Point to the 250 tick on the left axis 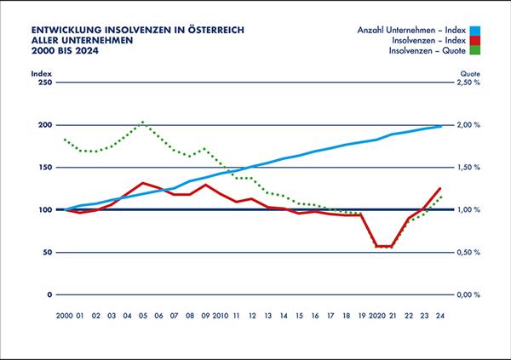(x=43, y=83)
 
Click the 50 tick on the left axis (x=46, y=253)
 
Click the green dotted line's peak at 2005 (x=143, y=122)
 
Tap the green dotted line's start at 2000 (x=65, y=140)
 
